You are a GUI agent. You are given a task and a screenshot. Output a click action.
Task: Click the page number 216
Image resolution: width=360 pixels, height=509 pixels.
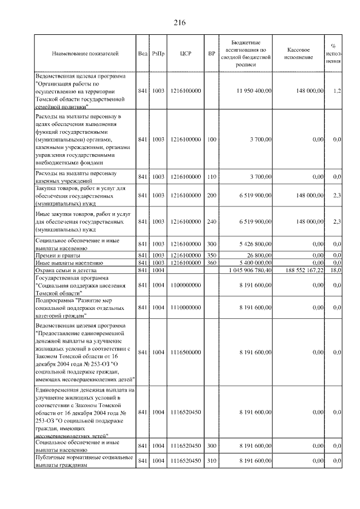pyautogui.click(x=179, y=22)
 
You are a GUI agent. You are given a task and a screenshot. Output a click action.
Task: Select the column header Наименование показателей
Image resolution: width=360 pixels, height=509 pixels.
pyautogui.click(x=85, y=54)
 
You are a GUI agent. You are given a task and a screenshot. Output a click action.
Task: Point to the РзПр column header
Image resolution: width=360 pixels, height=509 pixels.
pyautogui.click(x=157, y=54)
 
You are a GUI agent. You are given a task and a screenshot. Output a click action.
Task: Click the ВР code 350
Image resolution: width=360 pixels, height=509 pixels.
pyautogui.click(x=211, y=256)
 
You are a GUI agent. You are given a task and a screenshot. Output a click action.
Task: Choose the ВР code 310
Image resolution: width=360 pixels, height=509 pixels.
pyautogui.click(x=211, y=461)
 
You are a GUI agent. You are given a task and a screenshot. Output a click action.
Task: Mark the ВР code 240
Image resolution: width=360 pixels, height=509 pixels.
pyautogui.click(x=211, y=222)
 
